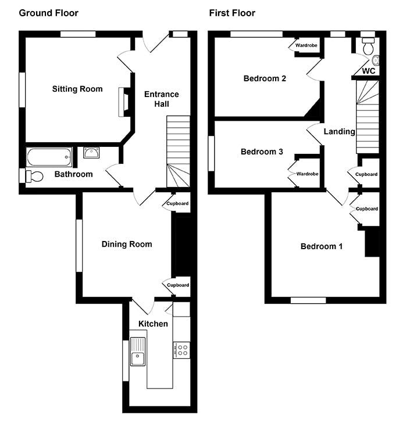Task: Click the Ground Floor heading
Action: tap(49, 13)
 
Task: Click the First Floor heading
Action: tap(232, 13)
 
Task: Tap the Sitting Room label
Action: tap(77, 89)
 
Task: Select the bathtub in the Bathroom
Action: tap(49, 157)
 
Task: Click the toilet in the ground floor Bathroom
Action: tap(34, 177)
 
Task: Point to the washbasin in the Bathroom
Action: tap(91, 153)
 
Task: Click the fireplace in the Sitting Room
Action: tap(124, 102)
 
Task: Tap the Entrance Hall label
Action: tap(161, 99)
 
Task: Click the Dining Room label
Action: tap(127, 244)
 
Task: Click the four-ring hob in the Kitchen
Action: tap(181, 350)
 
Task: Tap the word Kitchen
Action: tap(153, 323)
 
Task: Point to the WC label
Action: tap(369, 71)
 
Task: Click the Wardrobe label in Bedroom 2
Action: tap(307, 45)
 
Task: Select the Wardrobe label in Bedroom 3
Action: tap(307, 174)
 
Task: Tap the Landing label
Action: tap(339, 132)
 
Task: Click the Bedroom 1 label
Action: tap(321, 246)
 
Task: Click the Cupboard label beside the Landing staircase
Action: tap(366, 174)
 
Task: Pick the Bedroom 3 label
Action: tap(262, 152)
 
